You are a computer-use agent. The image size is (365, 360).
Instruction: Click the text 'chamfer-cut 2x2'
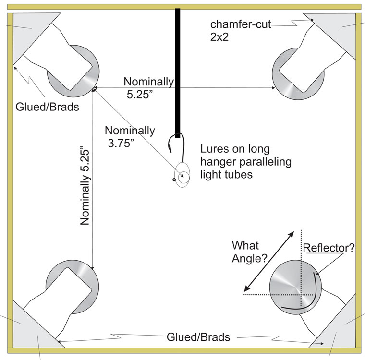(241, 31)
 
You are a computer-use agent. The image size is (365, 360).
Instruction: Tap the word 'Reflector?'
(328, 248)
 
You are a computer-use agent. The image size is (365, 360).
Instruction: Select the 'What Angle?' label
(249, 252)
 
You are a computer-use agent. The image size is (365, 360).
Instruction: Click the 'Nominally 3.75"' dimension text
(130, 137)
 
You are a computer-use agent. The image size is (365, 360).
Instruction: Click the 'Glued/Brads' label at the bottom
(198, 337)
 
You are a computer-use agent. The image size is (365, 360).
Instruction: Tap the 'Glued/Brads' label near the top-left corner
(47, 107)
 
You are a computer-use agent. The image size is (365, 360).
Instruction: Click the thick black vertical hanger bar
(178, 73)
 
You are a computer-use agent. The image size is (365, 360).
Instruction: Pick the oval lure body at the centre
(182, 175)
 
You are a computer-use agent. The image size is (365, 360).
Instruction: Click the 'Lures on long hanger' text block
(246, 162)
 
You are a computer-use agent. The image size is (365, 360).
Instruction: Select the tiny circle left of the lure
(174, 180)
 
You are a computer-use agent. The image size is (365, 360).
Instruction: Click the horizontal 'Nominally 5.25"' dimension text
(148, 88)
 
